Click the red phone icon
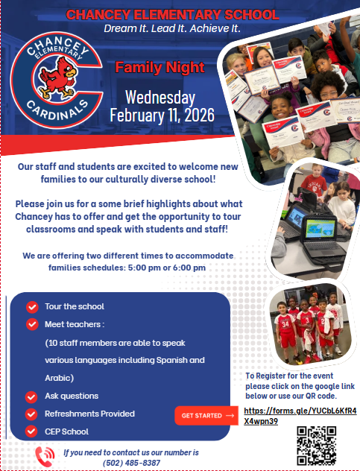[x=45, y=456]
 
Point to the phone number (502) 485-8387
[x=131, y=463]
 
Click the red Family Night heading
[x=160, y=69]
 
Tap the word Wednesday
[x=160, y=98]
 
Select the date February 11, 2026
[x=162, y=116]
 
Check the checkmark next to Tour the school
[x=32, y=306]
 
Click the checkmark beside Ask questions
[x=32, y=396]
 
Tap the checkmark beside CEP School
[x=32, y=432]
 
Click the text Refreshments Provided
[x=90, y=414]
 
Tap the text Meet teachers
[x=75, y=324]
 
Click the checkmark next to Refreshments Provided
[x=32, y=414]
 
